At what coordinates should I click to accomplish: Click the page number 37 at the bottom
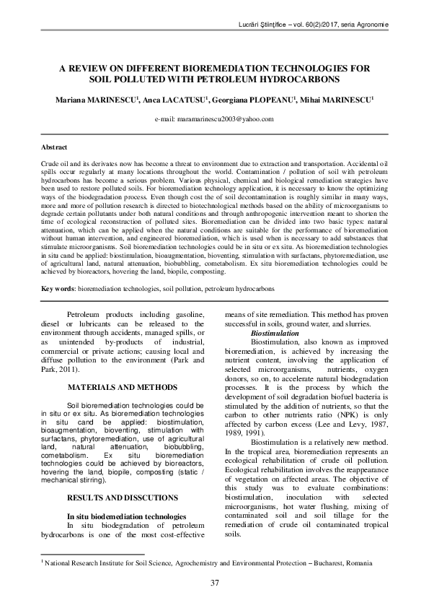214,583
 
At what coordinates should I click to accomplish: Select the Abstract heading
55,148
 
